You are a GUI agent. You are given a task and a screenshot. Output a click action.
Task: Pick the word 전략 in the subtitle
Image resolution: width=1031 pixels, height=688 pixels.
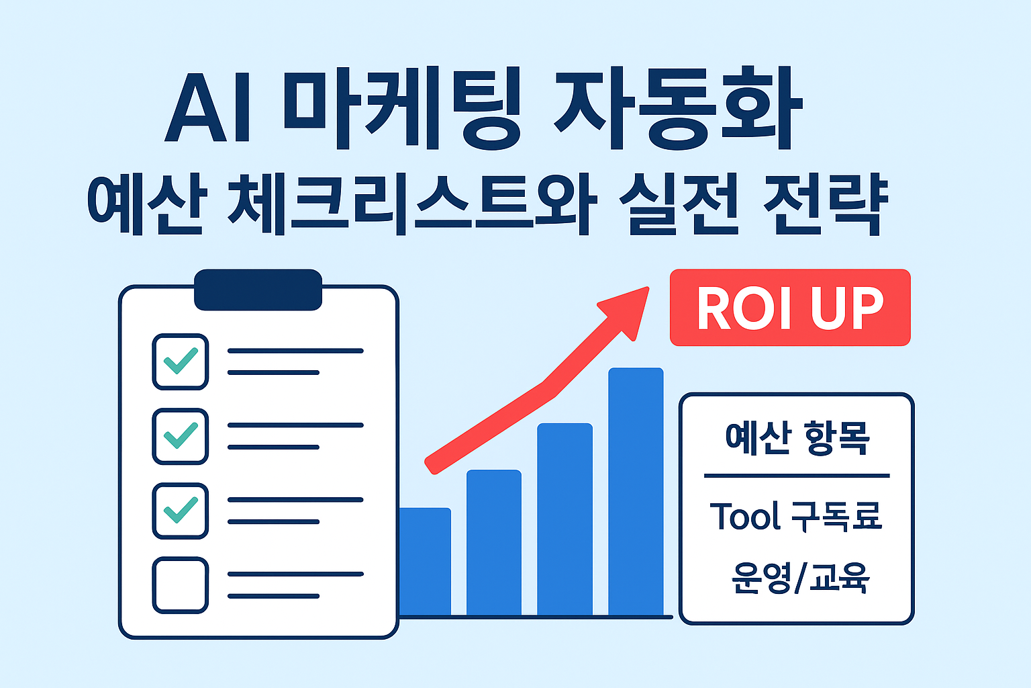click(826, 201)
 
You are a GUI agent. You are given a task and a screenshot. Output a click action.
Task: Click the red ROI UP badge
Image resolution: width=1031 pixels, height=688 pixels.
click(790, 308)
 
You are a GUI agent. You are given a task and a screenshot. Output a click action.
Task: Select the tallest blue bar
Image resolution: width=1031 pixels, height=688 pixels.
click(636, 490)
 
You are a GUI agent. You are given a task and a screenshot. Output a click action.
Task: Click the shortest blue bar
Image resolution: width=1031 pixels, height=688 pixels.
click(425, 561)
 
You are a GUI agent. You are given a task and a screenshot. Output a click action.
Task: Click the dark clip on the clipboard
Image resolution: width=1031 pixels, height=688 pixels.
click(258, 290)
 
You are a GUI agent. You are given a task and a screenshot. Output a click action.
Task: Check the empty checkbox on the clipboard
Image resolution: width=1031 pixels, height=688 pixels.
click(180, 585)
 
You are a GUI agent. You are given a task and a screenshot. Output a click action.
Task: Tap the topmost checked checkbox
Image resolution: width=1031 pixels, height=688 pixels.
click(180, 361)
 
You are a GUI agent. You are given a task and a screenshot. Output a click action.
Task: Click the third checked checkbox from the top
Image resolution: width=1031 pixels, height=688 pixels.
click(180, 511)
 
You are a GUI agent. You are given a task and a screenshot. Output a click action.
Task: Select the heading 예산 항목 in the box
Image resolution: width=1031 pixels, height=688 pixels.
click(797, 438)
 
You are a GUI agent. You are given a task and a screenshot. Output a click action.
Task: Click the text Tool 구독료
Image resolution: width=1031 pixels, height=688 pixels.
click(796, 517)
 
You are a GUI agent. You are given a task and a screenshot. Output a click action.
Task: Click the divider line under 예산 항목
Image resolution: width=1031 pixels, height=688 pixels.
click(796, 476)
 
